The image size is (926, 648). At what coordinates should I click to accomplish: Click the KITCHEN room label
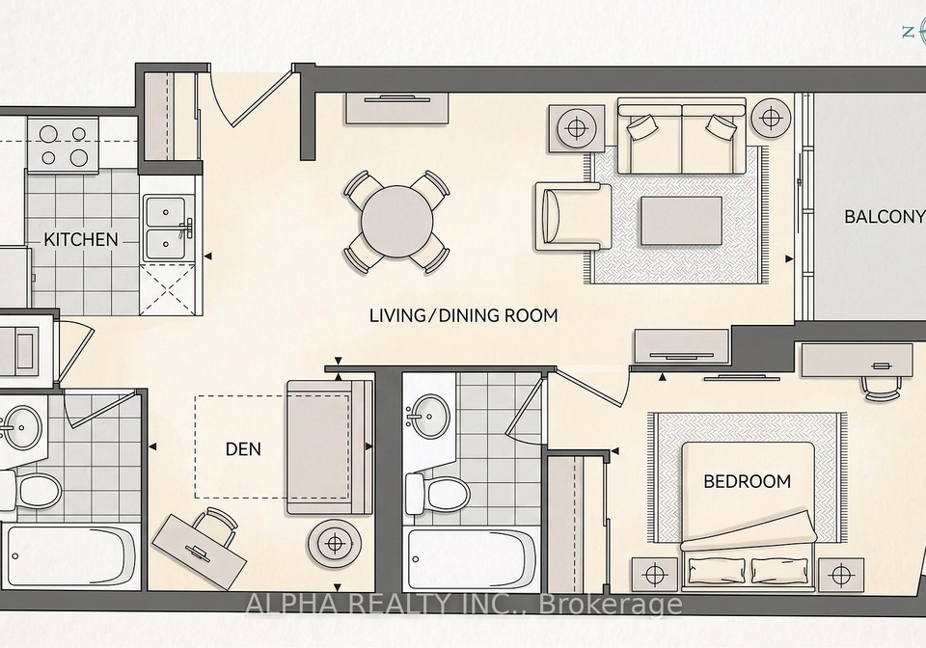[x=81, y=239]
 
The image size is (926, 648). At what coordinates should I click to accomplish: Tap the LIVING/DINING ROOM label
[x=464, y=315]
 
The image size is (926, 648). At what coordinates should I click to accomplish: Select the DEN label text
[x=243, y=449]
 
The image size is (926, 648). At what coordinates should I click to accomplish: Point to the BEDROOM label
[x=747, y=481]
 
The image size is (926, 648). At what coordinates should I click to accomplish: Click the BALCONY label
[x=885, y=217]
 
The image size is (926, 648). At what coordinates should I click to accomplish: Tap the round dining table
[x=396, y=222]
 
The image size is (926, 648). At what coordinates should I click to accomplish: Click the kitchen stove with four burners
[x=63, y=146]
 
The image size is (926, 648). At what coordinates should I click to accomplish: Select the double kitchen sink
[x=168, y=228]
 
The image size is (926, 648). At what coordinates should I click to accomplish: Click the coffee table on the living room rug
[x=682, y=221]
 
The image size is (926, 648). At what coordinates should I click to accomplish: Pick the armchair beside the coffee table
[x=573, y=216]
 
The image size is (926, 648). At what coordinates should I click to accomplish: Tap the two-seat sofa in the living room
[x=682, y=137]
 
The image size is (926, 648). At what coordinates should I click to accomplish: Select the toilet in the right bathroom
[x=438, y=492]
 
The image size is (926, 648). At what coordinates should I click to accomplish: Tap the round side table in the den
[x=335, y=544]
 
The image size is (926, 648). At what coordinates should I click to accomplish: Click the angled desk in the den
[x=200, y=552]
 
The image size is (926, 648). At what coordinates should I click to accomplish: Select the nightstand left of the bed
[x=654, y=574]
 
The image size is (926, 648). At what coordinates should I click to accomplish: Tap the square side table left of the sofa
[x=576, y=128]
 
